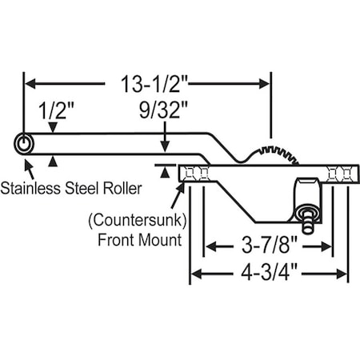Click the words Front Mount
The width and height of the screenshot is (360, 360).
[140, 238]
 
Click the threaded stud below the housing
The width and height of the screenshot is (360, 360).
[306, 214]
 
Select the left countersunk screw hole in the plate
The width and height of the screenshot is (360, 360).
[196, 173]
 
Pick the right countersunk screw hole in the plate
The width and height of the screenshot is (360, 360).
[339, 174]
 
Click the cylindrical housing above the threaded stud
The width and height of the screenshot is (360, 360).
[307, 189]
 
